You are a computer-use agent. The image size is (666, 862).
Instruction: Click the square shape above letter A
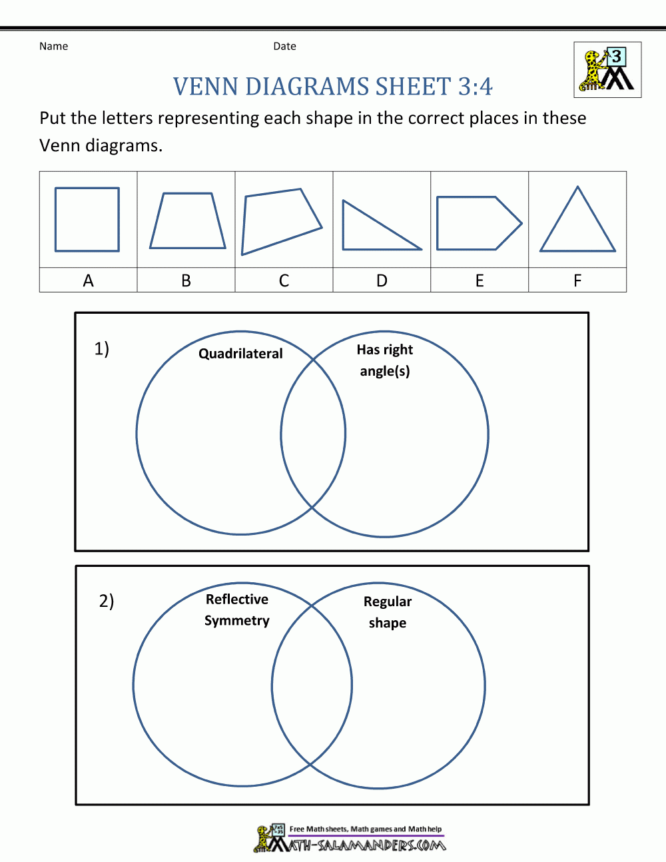[x=87, y=219]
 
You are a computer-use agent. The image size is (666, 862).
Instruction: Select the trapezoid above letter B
[x=188, y=220]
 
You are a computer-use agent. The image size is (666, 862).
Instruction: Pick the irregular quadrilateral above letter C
[x=282, y=221]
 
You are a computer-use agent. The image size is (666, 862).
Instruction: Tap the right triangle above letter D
[x=382, y=225]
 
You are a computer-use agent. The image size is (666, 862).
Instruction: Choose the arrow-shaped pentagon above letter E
[x=480, y=223]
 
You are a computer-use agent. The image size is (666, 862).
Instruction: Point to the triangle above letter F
[x=577, y=218]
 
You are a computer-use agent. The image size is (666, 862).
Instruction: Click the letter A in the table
[x=88, y=280]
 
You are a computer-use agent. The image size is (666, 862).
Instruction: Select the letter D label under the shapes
[x=382, y=280]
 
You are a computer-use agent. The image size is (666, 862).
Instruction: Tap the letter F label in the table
[x=577, y=280]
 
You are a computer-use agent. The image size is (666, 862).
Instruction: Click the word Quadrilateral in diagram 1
[x=240, y=354]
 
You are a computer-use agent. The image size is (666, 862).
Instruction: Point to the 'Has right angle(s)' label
[x=384, y=360]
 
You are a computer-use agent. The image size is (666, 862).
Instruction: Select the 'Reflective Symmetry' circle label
[x=236, y=610]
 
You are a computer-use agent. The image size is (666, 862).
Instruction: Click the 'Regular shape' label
[x=388, y=612]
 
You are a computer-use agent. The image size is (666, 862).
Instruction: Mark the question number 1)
[x=101, y=349]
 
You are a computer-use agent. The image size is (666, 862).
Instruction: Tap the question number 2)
[x=107, y=601]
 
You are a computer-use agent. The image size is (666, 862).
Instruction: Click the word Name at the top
[x=53, y=46]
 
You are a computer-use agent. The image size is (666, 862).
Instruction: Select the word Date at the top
[x=284, y=46]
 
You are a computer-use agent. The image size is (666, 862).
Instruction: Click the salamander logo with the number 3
[x=607, y=70]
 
